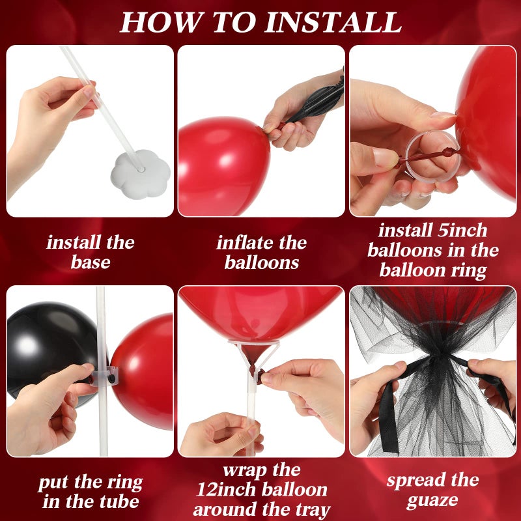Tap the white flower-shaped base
coord(139,173)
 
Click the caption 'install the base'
coord(91,253)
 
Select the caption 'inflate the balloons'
coord(261,253)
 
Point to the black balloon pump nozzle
coord(316,104)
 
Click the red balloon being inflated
coord(221,166)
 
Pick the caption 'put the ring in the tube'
coord(91,492)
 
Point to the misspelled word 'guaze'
coord(432,501)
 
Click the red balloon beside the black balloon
coord(145,371)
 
